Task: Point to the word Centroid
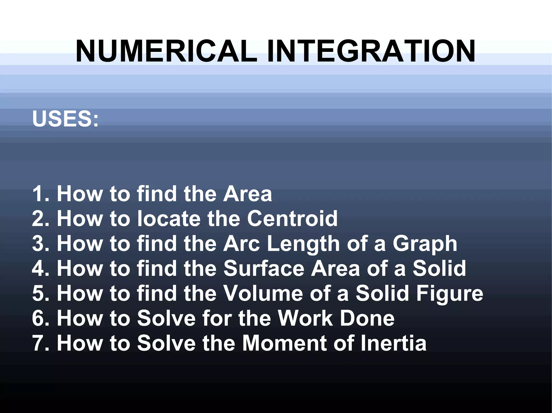(x=292, y=218)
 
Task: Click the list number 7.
(x=38, y=343)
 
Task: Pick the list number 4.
(x=38, y=268)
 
